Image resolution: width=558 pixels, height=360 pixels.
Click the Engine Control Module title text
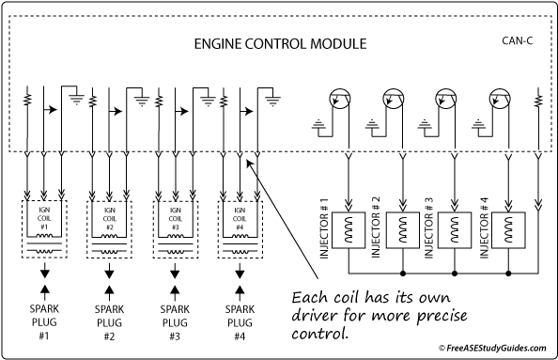279,44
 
